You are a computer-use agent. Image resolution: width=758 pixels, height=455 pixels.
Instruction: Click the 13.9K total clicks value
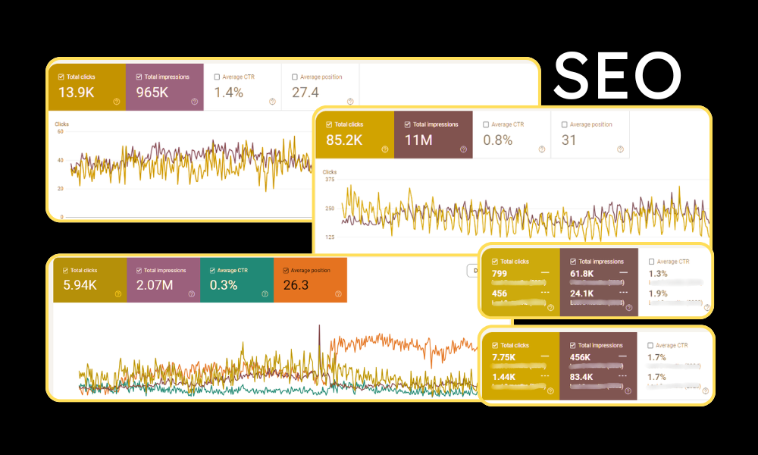(x=77, y=93)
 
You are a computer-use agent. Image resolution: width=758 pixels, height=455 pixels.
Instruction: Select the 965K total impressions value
(x=156, y=93)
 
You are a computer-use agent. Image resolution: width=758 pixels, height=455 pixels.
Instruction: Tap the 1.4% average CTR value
(x=228, y=93)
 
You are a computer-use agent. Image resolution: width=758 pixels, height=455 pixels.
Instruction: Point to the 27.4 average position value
(x=305, y=93)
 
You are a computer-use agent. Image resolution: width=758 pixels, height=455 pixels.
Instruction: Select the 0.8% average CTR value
(x=497, y=140)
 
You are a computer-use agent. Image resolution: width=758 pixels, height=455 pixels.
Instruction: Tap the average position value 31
(x=569, y=140)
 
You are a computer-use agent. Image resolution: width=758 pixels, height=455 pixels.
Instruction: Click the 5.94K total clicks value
(x=80, y=286)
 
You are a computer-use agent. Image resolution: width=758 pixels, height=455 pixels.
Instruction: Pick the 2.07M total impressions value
(x=155, y=286)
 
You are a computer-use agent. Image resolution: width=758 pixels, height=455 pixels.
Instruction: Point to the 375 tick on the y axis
(x=330, y=180)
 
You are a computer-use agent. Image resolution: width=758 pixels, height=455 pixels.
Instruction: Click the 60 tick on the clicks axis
(x=59, y=131)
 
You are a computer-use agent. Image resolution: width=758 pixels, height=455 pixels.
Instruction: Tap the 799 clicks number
(x=500, y=274)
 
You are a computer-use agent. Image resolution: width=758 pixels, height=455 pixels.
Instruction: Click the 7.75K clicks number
(x=505, y=357)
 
